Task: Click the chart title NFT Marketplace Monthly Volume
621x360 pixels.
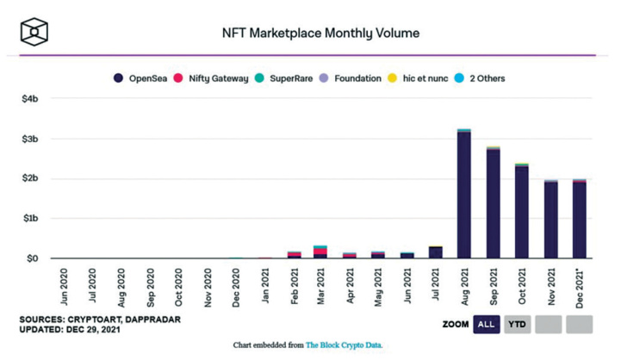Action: coord(320,33)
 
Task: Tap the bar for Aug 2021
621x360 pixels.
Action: coord(463,194)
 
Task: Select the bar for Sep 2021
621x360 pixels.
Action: coord(493,202)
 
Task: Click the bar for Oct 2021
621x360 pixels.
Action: coord(522,211)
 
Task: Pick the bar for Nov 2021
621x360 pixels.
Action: coord(551,219)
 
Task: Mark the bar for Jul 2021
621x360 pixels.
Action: coord(435,252)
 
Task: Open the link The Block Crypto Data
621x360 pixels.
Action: coord(344,345)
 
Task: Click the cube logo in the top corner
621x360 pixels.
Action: coord(34,32)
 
